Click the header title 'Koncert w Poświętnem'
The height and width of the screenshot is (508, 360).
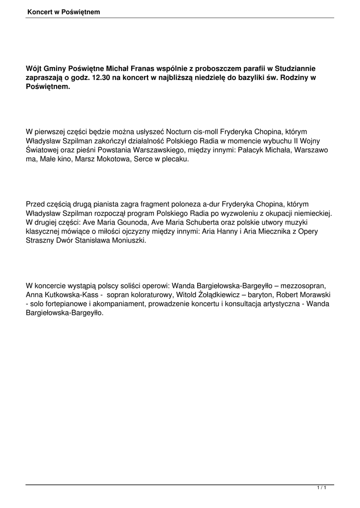coord(64,11)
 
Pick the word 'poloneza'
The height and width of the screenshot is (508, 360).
coord(186,204)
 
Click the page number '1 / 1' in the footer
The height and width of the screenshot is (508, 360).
coord(321,489)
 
